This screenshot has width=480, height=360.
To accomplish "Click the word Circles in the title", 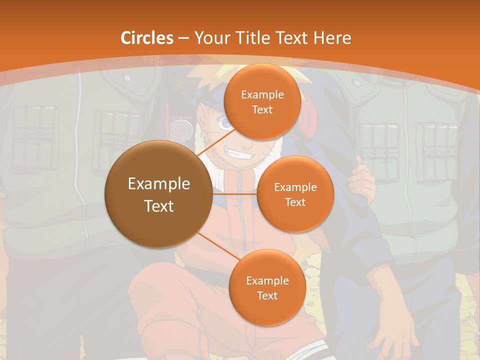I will pos(147,38).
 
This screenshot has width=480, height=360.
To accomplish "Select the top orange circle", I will pos(262,102).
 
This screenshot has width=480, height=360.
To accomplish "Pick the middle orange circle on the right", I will pos(295,194).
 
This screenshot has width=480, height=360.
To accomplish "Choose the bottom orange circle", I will pos(267,287).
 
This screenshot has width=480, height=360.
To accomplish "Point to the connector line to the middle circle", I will pos(235,193).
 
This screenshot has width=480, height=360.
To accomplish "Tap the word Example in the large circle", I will pos(159,184).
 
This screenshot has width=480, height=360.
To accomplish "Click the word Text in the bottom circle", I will pos(267,295).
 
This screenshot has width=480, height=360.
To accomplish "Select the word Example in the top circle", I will pos(262,94).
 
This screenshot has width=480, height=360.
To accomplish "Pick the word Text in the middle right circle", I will pos(295,202).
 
